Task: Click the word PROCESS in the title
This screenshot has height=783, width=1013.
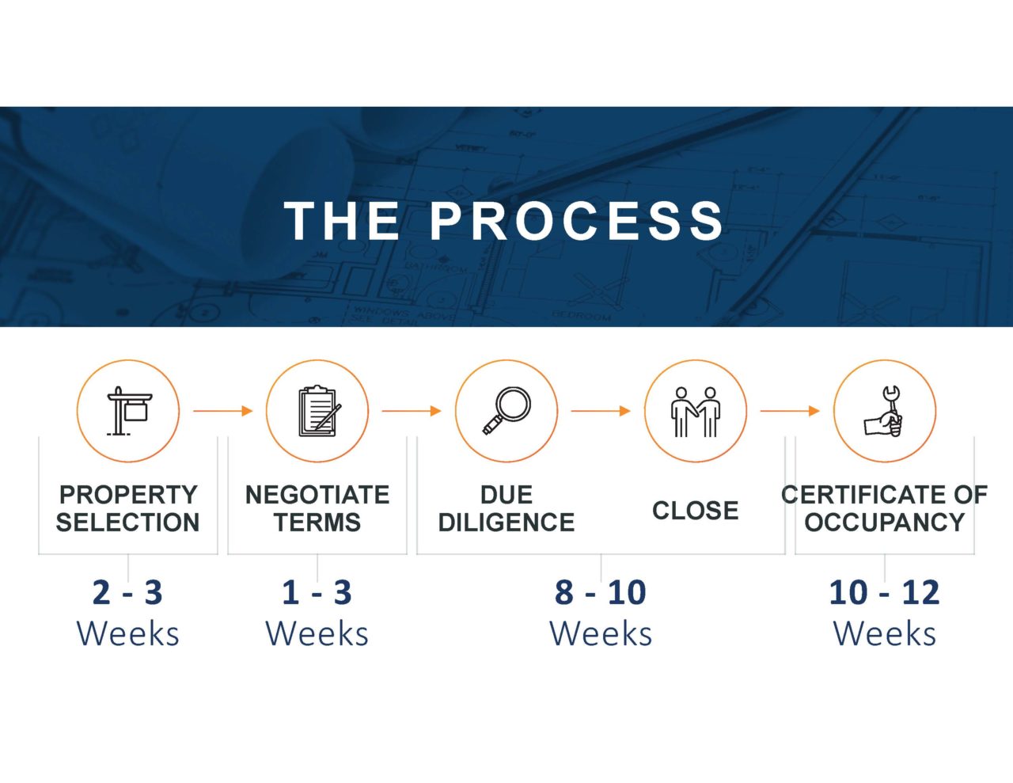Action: coord(577,221)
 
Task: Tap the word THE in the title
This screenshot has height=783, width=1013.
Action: coord(342,221)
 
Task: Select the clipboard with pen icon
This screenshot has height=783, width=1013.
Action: coord(319,411)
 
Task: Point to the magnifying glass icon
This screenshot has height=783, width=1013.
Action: coord(506,411)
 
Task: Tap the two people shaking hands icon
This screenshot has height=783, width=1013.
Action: coord(696,412)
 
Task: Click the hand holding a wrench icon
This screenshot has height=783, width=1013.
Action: coord(883,412)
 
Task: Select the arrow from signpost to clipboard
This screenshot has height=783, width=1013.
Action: coord(223,411)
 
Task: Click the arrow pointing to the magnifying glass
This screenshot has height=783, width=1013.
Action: coord(412,411)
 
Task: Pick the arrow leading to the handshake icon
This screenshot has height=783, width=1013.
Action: coord(601,411)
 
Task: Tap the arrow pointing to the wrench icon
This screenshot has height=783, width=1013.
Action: coord(790,411)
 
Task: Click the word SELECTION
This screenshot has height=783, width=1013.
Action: coord(127,522)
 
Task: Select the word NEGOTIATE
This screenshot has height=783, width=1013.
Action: coord(317,495)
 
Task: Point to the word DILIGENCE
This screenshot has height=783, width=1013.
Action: coord(506,522)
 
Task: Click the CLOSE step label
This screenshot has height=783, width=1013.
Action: coord(695,510)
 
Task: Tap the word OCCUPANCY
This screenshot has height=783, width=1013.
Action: coord(884,522)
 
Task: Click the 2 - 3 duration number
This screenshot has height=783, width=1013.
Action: coord(127,593)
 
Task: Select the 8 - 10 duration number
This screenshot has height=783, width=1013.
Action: coord(601,593)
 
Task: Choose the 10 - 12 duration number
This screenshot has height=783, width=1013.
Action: coord(884,593)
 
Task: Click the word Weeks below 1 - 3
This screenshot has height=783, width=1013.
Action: coord(317,634)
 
